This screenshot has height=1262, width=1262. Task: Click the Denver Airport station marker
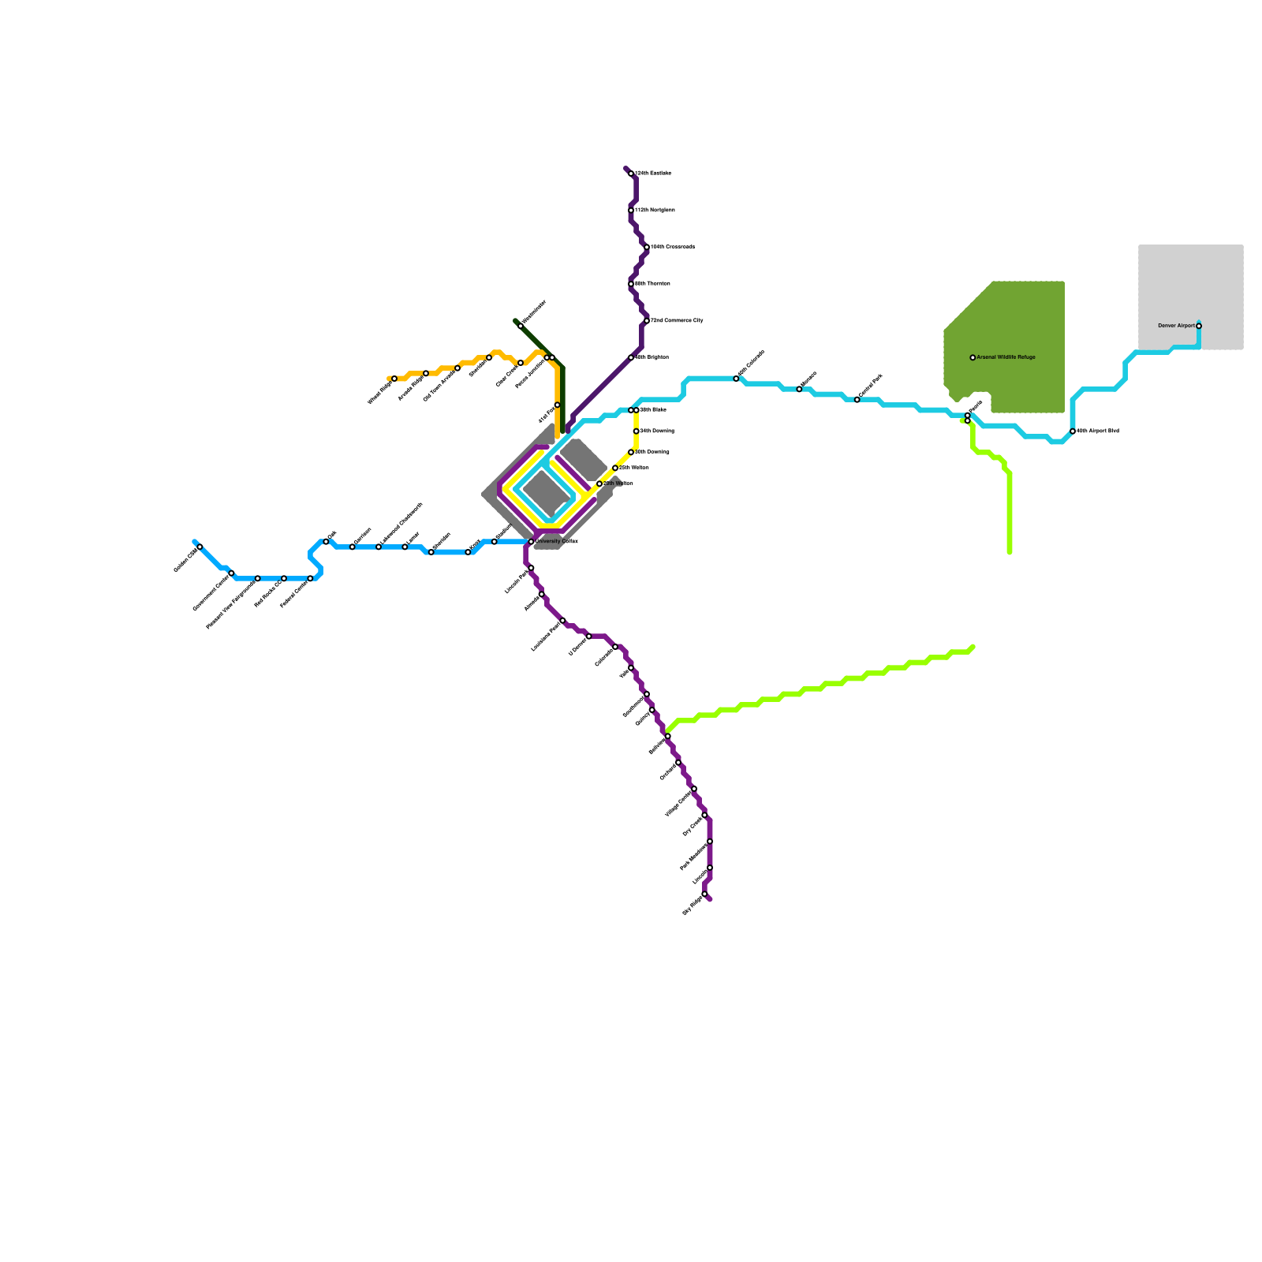pyautogui.click(x=1199, y=326)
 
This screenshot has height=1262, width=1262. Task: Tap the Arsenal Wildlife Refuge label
pyautogui.click(x=1006, y=357)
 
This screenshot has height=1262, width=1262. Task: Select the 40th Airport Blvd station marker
pyautogui.click(x=1073, y=431)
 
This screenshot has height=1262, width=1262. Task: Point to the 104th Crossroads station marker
pyautogui.click(x=647, y=248)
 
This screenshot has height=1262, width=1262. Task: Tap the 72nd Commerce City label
pyautogui.click(x=677, y=321)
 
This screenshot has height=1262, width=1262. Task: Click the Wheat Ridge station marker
pyautogui.click(x=394, y=379)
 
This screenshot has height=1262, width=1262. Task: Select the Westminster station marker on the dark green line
pyautogui.click(x=521, y=325)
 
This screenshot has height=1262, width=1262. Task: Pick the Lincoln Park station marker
pyautogui.click(x=531, y=568)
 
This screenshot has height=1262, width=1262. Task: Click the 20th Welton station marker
pyautogui.click(x=599, y=484)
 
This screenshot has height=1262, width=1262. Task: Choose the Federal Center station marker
pyautogui.click(x=310, y=578)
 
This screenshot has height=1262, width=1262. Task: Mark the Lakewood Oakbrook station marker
pyautogui.click(x=379, y=547)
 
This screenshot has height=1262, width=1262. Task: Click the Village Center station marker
pyautogui.click(x=694, y=789)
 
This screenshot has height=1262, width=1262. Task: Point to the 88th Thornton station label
pyautogui.click(x=652, y=283)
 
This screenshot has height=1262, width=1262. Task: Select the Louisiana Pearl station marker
pyautogui.click(x=562, y=621)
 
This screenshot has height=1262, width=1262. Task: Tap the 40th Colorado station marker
pyautogui.click(x=737, y=379)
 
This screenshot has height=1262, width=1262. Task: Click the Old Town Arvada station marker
pyautogui.click(x=457, y=368)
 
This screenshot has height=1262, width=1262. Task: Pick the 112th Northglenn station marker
pyautogui.click(x=631, y=211)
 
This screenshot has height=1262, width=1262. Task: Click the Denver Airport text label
pyautogui.click(x=1176, y=326)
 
